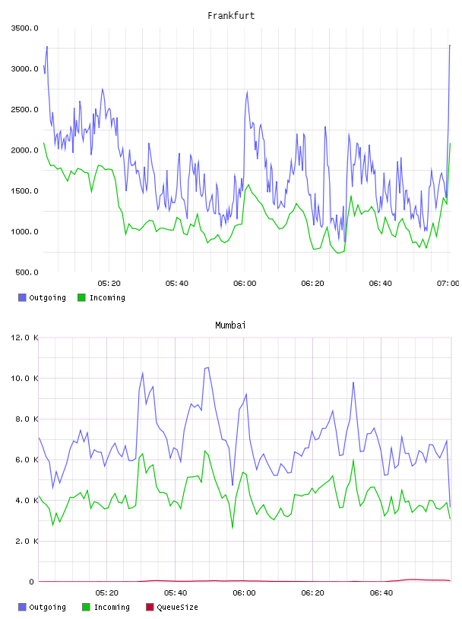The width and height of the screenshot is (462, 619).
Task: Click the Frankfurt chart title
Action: coord(231,15)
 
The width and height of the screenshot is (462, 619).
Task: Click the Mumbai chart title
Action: coord(230,325)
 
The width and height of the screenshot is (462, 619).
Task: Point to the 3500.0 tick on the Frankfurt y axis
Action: coord(24,28)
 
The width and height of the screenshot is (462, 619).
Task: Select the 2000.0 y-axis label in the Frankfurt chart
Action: coord(24,150)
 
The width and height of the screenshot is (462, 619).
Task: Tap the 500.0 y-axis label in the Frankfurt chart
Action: coord(27,272)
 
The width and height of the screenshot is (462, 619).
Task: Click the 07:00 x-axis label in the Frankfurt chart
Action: coord(448,283)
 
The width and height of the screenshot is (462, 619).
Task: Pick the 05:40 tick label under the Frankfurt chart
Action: coord(177,283)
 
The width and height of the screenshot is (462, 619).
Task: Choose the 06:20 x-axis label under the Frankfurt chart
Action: coord(312,283)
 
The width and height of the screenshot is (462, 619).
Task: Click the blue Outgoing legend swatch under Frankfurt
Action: coord(22,297)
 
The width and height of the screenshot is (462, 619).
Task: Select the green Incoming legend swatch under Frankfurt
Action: coord(81,297)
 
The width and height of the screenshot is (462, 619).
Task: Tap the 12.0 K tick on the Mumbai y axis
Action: coord(24,338)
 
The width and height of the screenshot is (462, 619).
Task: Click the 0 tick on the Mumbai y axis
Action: coord(31,582)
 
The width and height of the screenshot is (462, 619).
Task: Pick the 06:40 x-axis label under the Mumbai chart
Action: coord(381,592)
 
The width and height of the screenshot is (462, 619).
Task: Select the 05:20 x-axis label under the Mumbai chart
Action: coord(107,592)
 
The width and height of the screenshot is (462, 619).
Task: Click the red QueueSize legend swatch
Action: coord(150,607)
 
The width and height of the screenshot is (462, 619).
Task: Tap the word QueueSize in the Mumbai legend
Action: coord(177,607)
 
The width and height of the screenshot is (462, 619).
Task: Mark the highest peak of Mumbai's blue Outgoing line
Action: coord(207,367)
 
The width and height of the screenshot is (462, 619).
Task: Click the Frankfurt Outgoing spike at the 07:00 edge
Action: coord(450,46)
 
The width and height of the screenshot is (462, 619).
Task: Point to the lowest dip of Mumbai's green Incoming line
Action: coord(233,527)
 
